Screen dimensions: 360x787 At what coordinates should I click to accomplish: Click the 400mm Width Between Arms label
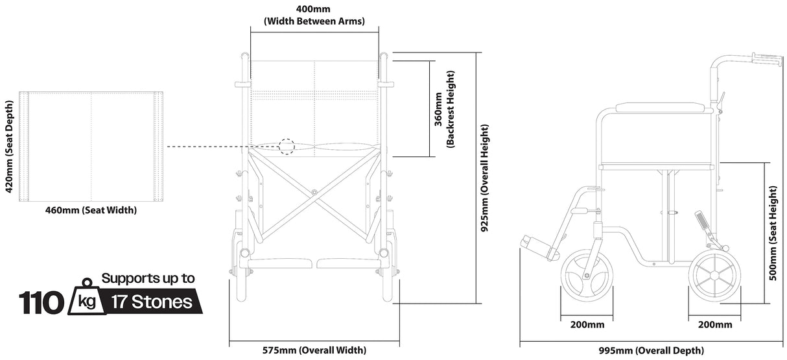(314, 15)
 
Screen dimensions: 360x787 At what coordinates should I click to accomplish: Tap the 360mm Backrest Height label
(444, 109)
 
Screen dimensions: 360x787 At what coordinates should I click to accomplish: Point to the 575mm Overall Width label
(314, 351)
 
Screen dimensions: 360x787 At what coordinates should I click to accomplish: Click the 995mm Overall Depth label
(652, 351)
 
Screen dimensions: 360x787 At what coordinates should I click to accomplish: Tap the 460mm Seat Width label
(91, 210)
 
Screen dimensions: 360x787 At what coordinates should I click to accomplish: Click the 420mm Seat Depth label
(9, 147)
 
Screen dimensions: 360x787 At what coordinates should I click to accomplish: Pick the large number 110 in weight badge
(41, 302)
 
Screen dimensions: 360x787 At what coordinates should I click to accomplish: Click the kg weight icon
(86, 300)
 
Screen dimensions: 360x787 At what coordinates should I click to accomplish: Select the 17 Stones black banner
(152, 302)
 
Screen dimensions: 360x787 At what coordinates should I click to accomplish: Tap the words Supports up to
(148, 279)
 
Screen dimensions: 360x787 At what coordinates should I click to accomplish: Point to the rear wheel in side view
(714, 276)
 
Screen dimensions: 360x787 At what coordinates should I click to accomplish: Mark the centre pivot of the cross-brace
(314, 191)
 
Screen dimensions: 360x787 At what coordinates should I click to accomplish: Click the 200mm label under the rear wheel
(714, 324)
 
